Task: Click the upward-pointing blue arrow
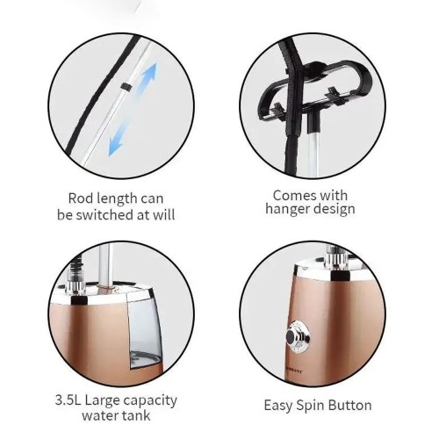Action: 148,78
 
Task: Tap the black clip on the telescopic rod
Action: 126,87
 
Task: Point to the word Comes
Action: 291,196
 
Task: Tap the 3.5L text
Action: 68,399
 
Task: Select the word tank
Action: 136,415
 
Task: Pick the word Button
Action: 349,406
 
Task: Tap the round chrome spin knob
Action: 298,336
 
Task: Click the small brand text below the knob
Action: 295,373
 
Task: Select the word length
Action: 115,199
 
